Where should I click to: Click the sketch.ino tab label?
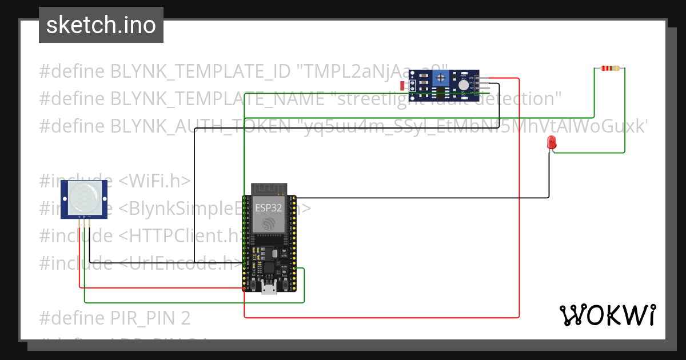click(x=101, y=25)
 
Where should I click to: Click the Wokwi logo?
click(x=607, y=315)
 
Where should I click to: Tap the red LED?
click(x=552, y=143)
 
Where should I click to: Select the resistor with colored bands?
click(x=610, y=69)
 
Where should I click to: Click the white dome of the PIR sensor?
click(x=84, y=195)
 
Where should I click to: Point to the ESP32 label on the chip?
click(x=268, y=207)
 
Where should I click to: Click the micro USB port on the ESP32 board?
click(x=268, y=287)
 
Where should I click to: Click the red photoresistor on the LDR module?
click(x=404, y=86)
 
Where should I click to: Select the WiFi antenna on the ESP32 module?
click(x=268, y=189)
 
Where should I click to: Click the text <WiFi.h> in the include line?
click(x=154, y=181)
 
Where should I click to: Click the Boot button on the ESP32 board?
click(x=284, y=284)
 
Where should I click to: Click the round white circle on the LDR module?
click(x=464, y=85)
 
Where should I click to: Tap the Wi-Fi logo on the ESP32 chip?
click(x=268, y=223)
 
